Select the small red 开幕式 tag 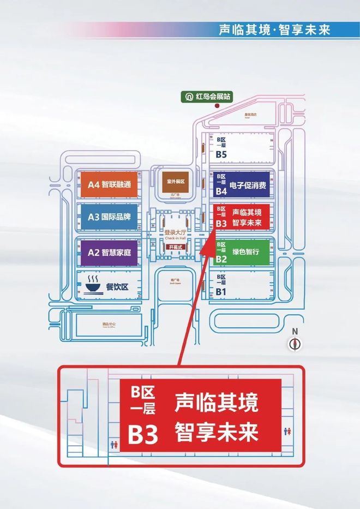[x=176, y=247]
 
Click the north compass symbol [x=295, y=343]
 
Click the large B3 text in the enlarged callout [x=143, y=435]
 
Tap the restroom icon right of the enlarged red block [x=288, y=431]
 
